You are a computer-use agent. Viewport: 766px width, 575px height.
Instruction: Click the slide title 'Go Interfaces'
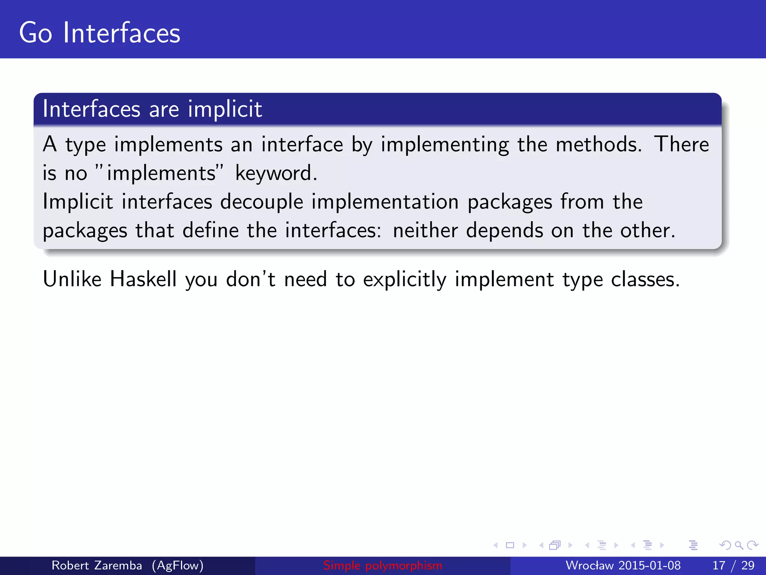(x=99, y=33)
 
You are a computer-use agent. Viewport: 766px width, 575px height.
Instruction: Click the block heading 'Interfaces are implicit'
(x=152, y=109)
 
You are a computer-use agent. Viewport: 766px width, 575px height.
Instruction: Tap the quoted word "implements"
(x=159, y=173)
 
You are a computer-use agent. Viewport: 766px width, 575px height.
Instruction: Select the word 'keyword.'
(x=276, y=174)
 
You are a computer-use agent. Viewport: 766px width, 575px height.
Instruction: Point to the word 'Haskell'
(x=143, y=279)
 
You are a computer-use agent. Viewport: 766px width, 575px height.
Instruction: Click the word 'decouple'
(x=261, y=202)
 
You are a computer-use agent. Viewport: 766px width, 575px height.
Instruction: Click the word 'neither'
(x=425, y=230)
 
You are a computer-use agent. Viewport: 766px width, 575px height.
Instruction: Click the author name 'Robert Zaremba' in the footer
(x=96, y=565)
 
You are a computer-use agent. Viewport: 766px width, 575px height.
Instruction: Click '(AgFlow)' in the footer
(x=178, y=565)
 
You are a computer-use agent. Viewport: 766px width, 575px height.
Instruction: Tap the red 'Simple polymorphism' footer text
(x=383, y=565)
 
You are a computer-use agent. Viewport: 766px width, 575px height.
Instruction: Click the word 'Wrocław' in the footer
(x=590, y=565)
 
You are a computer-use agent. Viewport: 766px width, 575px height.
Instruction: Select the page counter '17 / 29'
(x=733, y=565)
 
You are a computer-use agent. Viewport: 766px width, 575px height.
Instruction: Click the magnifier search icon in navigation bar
(x=739, y=545)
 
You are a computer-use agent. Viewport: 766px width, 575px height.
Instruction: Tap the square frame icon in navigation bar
(x=510, y=545)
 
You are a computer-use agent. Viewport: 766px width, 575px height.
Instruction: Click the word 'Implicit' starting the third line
(x=78, y=202)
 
